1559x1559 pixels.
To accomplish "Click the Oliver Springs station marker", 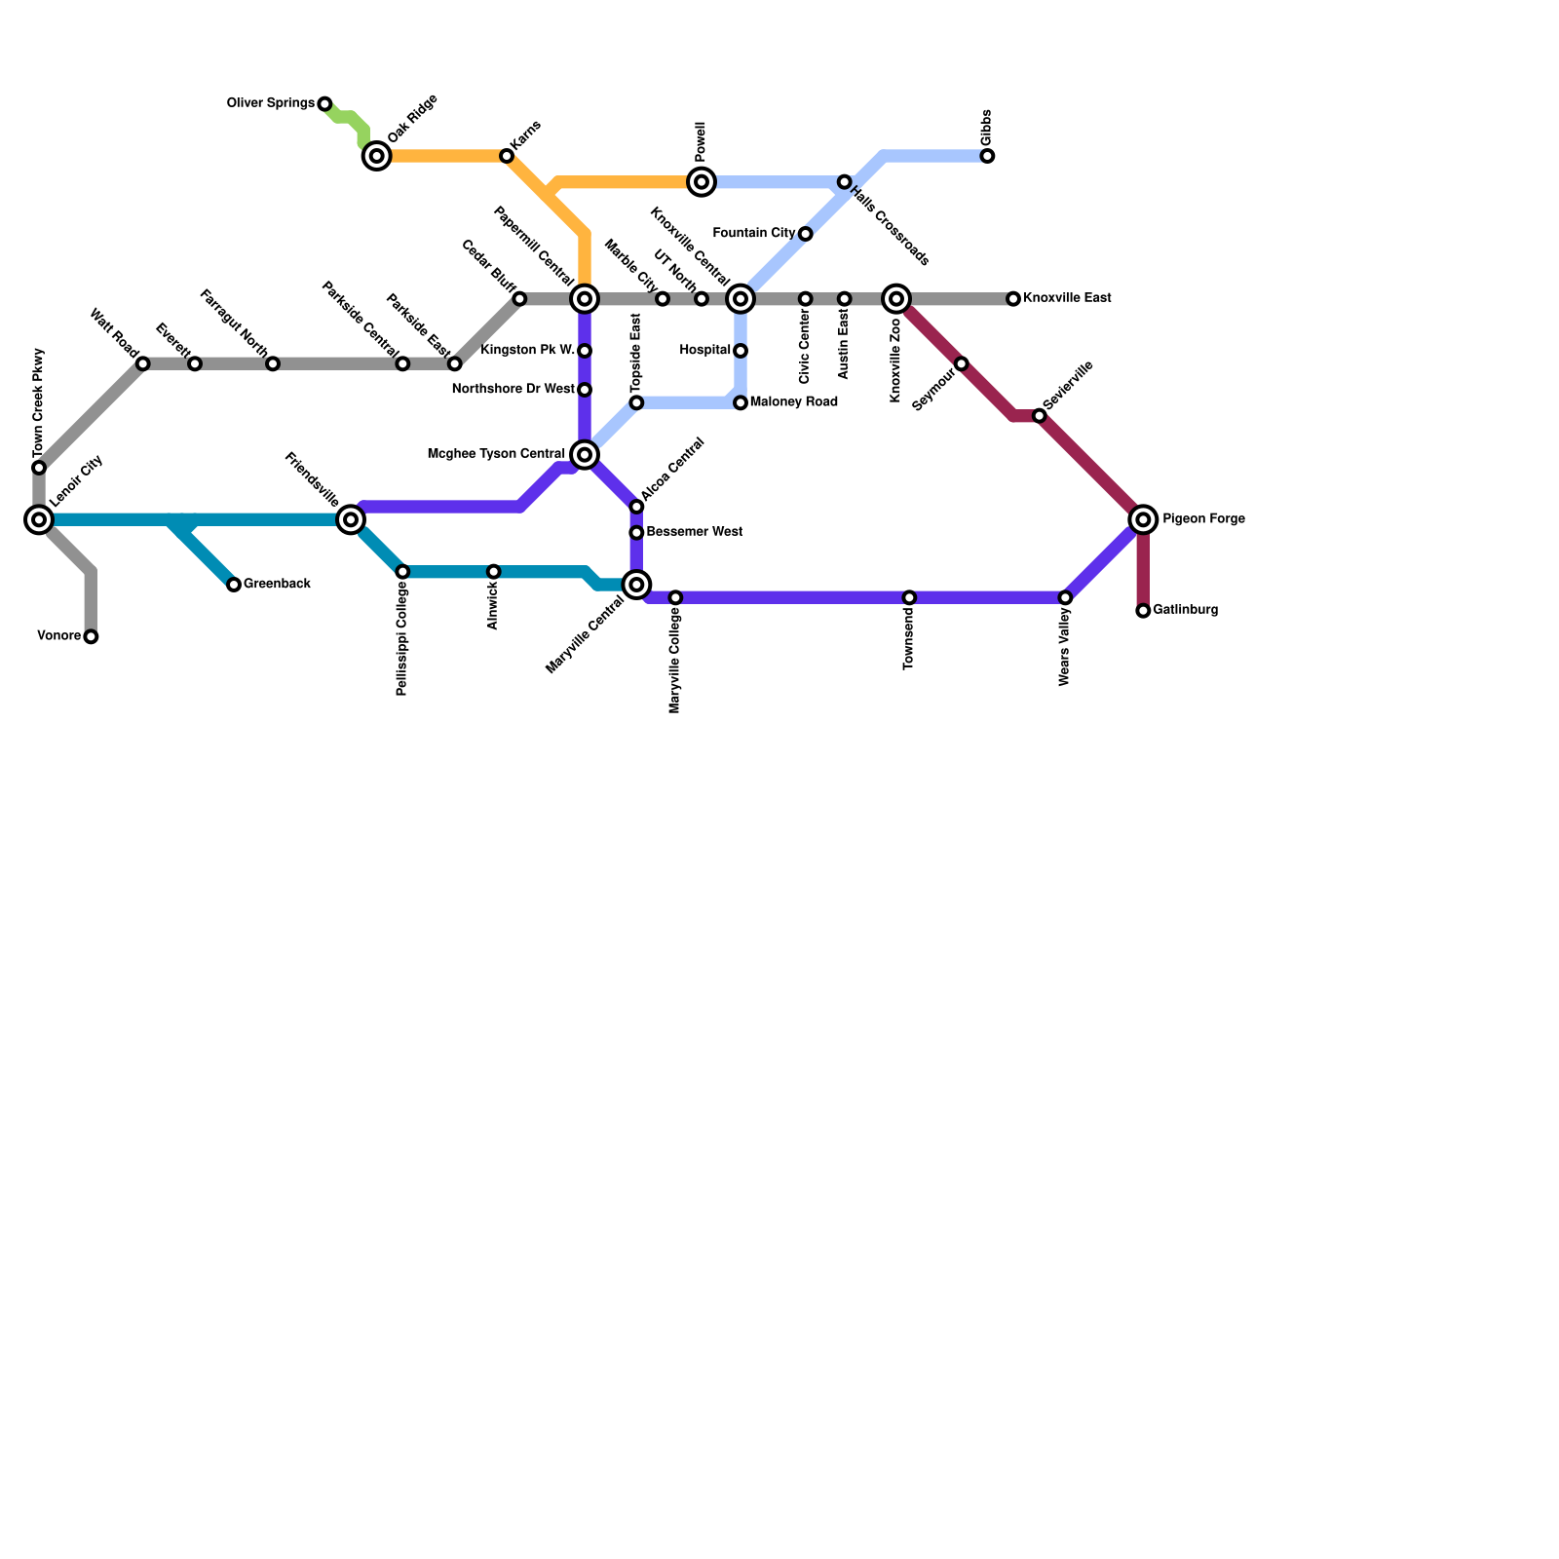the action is pyautogui.click(x=324, y=104).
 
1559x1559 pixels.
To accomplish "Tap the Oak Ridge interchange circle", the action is pyautogui.click(x=376, y=156).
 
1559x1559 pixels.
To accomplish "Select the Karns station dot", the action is pyautogui.click(x=507, y=156).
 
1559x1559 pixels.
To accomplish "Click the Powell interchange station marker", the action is pyautogui.click(x=702, y=182).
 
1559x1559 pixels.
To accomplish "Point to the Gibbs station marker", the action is pyautogui.click(x=987, y=156).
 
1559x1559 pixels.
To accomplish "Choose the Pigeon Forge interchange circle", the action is pyautogui.click(x=1143, y=519).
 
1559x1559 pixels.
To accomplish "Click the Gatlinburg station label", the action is pyautogui.click(x=1185, y=610).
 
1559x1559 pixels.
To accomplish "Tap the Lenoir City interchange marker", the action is pyautogui.click(x=39, y=519).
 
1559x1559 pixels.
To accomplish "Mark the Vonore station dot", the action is pyautogui.click(x=91, y=636).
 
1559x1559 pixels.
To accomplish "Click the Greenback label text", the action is pyautogui.click(x=277, y=584).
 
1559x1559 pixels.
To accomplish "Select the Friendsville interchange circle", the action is pyautogui.click(x=351, y=519).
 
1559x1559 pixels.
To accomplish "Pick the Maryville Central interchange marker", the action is pyautogui.click(x=636, y=585).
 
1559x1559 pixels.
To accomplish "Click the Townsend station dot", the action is pyautogui.click(x=909, y=597).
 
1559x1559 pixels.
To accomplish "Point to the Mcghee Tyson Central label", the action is pyautogui.click(x=496, y=454).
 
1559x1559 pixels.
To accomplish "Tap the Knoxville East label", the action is pyautogui.click(x=1067, y=298).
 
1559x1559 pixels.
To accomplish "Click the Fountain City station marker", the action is pyautogui.click(x=805, y=234).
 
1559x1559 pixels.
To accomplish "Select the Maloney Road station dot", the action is pyautogui.click(x=741, y=402).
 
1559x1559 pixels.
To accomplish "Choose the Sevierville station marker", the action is pyautogui.click(x=1039, y=416).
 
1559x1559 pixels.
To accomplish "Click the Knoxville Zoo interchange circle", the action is pyautogui.click(x=896, y=298).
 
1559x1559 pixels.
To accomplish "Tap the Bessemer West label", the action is pyautogui.click(x=694, y=532).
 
